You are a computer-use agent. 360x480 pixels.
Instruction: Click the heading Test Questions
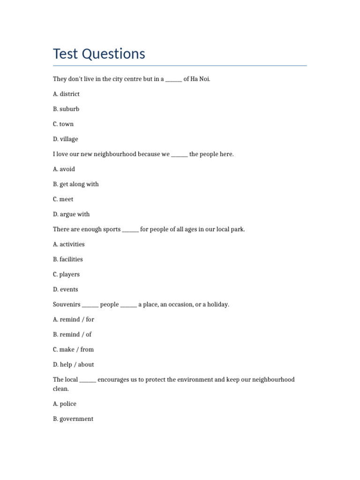point(99,54)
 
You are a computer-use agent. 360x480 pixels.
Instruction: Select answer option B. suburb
point(66,109)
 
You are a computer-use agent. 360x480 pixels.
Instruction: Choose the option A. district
point(66,94)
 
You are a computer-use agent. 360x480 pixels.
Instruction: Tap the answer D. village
point(66,139)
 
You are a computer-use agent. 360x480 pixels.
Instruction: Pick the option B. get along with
point(76,184)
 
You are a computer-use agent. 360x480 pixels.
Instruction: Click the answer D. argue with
point(71,214)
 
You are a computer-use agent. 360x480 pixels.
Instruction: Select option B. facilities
point(68,259)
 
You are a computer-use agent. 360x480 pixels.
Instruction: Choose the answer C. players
point(67,274)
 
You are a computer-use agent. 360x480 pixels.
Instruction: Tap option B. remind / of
point(72,334)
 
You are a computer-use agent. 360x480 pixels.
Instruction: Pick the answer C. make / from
point(74,349)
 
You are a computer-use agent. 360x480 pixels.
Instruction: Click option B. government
point(73,419)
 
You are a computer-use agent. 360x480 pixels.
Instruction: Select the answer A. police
point(65,404)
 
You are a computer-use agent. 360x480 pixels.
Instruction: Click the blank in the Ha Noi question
point(173,80)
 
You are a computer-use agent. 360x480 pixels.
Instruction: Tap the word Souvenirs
point(67,305)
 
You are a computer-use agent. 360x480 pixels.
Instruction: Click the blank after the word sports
point(130,230)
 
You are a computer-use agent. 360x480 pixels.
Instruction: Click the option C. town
point(63,124)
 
